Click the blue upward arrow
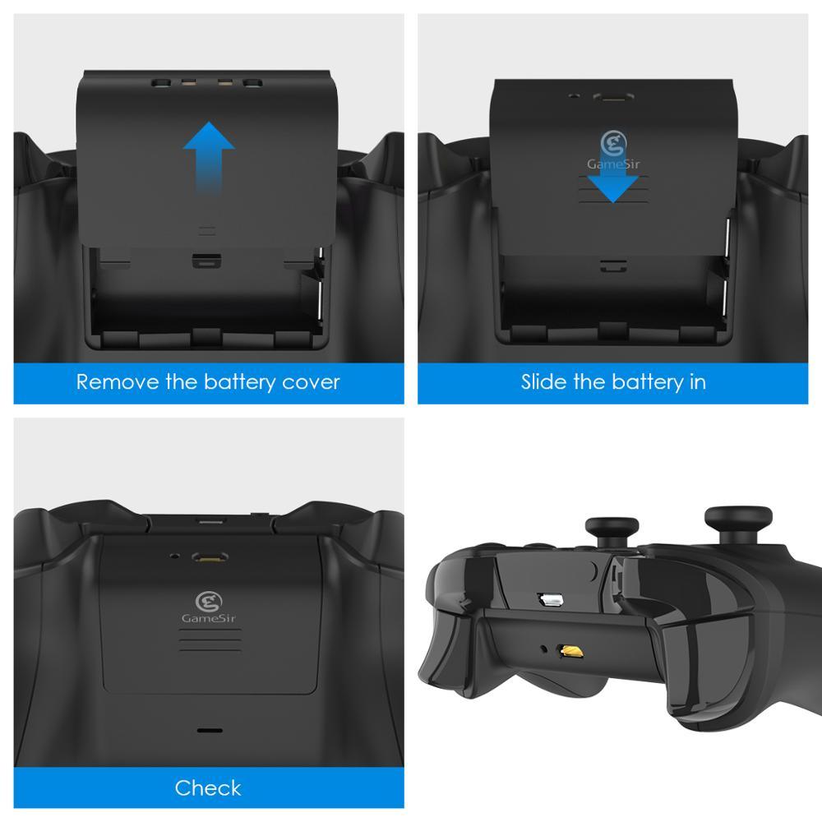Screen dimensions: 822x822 tap(209, 157)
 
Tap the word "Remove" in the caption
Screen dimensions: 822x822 tap(118, 382)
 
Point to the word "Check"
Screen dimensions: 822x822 tap(208, 788)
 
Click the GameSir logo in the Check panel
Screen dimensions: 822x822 tap(209, 602)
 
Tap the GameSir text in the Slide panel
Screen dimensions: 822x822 tap(613, 164)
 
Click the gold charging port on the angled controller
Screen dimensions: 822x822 tap(571, 651)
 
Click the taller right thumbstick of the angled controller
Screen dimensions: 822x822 tap(738, 525)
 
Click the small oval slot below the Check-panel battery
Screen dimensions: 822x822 tap(210, 730)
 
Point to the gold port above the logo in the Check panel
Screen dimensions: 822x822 tap(210, 556)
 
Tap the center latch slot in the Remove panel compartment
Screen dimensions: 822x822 tap(206, 261)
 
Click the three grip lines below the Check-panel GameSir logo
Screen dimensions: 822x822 tap(210, 640)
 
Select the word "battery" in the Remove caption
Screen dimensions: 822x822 tap(240, 383)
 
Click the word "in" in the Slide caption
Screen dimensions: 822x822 tap(697, 381)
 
